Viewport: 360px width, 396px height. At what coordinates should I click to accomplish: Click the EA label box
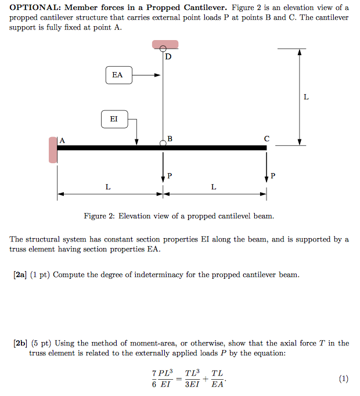coord(118,75)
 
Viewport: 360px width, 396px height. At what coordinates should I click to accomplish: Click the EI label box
coord(113,119)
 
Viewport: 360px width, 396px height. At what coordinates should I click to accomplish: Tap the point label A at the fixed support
coord(62,140)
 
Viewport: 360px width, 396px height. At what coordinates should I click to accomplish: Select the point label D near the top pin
coord(168,57)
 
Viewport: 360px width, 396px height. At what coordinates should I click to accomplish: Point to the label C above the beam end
coord(267,139)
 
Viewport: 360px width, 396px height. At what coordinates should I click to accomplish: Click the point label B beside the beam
coord(170,138)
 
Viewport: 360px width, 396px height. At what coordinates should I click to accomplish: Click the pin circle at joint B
coord(163,143)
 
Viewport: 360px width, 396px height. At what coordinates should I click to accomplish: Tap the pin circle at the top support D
coord(163,49)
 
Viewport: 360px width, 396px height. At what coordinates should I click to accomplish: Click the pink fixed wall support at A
coord(53,149)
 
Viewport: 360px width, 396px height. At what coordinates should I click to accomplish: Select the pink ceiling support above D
coord(163,44)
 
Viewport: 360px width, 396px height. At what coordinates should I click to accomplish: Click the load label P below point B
coord(170,175)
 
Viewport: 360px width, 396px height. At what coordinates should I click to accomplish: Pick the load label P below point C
coord(273,175)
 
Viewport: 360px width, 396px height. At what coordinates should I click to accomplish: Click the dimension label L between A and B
coord(108,187)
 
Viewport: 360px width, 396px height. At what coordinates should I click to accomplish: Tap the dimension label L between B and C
coord(214,187)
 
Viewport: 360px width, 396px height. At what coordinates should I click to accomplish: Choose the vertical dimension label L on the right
coord(306,97)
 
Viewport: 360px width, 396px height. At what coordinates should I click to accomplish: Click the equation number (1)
coord(343,379)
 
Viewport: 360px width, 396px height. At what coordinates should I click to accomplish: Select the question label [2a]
coord(20,274)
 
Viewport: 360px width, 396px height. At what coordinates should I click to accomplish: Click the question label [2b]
coord(20,343)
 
